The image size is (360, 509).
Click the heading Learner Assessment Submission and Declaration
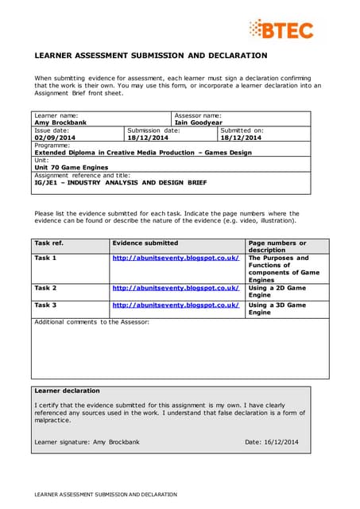click(151, 56)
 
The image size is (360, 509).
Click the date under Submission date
click(147, 138)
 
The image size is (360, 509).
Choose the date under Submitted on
click(241, 138)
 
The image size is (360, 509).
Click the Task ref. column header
click(48, 243)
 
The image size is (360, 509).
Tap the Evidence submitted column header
click(145, 243)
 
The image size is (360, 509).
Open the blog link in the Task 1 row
click(176, 258)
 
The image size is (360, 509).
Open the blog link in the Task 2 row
click(176, 288)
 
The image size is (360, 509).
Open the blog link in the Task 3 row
click(176, 305)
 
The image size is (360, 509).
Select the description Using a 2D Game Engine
click(277, 291)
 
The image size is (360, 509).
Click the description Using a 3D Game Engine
click(277, 309)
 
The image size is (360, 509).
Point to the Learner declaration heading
click(68, 390)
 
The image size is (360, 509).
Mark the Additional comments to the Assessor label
click(91, 321)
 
